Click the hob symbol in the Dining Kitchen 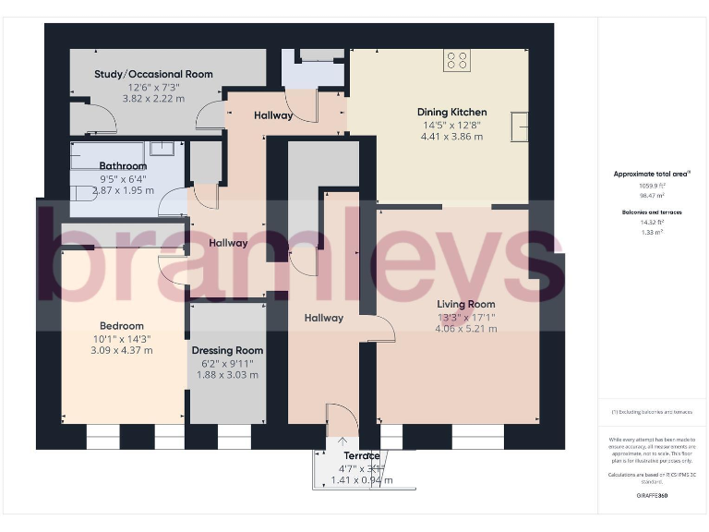[457, 60]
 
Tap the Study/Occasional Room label [153, 74]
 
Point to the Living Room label [465, 304]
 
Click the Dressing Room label [227, 350]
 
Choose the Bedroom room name [122, 326]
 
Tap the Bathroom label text [123, 166]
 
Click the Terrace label [362, 456]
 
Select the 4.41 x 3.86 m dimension [451, 137]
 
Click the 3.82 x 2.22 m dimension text [153, 97]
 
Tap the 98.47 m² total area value [653, 195]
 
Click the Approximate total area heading [651, 174]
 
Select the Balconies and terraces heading [653, 212]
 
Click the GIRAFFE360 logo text [652, 496]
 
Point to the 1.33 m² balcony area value [653, 233]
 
